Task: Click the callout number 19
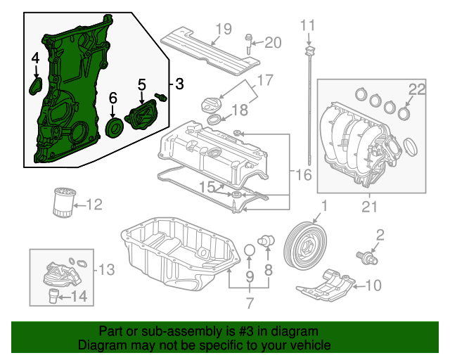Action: [223, 29]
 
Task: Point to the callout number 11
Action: [308, 27]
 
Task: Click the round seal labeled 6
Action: [112, 127]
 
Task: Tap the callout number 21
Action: [368, 206]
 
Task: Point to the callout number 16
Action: [304, 174]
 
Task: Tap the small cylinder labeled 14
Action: [53, 295]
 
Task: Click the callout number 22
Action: [418, 89]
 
